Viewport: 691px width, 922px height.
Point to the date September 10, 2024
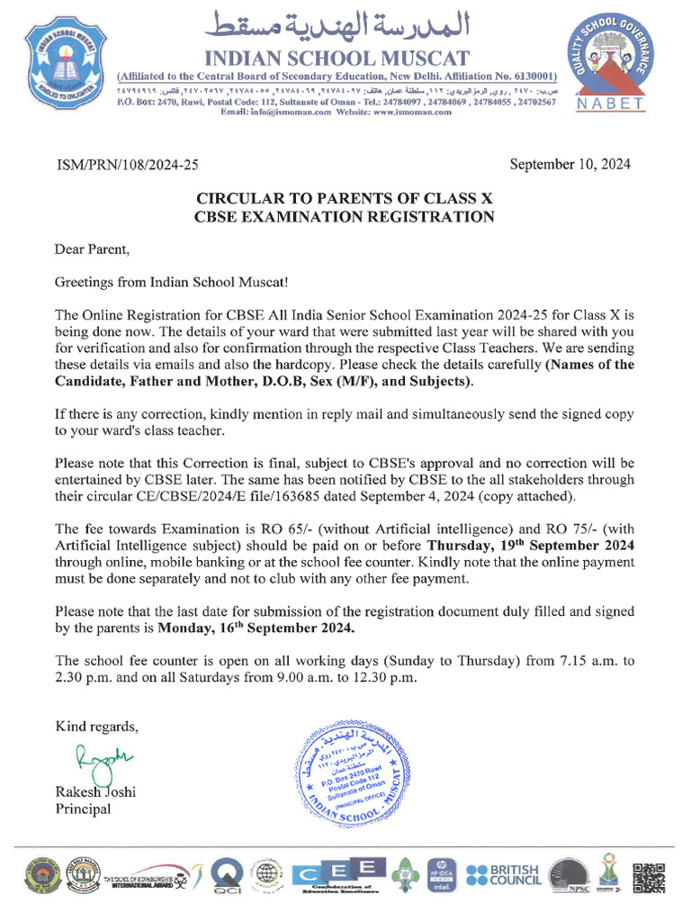click(x=570, y=165)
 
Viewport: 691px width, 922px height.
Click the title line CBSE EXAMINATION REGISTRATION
click(x=345, y=216)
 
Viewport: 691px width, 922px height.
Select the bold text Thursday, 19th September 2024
click(x=530, y=545)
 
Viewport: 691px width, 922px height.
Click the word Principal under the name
click(x=83, y=809)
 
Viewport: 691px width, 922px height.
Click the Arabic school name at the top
click(x=338, y=22)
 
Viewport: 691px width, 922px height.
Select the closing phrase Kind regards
click(x=97, y=726)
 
